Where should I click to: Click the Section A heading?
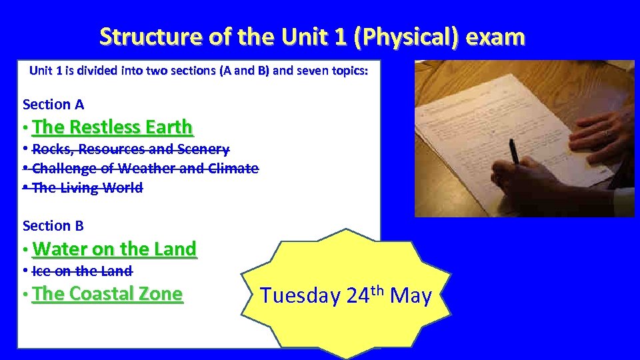pyautogui.click(x=53, y=105)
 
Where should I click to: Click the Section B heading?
pyautogui.click(x=53, y=226)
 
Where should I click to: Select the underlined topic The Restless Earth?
pyautogui.click(x=112, y=127)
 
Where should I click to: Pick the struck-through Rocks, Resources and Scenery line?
pyautogui.click(x=131, y=149)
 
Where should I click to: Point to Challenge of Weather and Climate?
pyautogui.click(x=145, y=169)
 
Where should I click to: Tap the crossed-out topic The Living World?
pyautogui.click(x=87, y=188)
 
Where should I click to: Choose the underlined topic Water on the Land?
pyautogui.click(x=114, y=249)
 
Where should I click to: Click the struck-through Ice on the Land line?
pyautogui.click(x=82, y=271)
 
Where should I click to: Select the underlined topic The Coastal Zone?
pyautogui.click(x=107, y=293)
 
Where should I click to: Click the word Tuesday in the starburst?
pyautogui.click(x=300, y=296)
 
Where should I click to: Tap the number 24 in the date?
pyautogui.click(x=357, y=296)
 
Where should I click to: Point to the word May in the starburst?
pyautogui.click(x=411, y=295)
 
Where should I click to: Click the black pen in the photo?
pyautogui.click(x=514, y=152)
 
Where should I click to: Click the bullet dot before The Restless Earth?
pyautogui.click(x=24, y=128)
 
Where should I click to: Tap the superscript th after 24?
pyautogui.click(x=377, y=289)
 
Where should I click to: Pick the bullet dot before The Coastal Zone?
pyautogui.click(x=24, y=295)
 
